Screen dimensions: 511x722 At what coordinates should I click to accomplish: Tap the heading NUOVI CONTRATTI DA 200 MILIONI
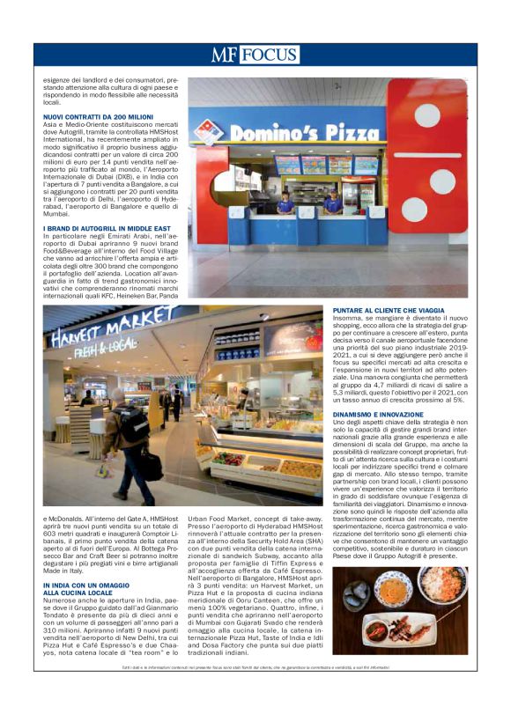click(98, 116)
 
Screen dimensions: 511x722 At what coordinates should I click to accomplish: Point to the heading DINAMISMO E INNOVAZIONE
click(380, 414)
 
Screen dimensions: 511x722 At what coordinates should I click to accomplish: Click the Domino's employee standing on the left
click(285, 202)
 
